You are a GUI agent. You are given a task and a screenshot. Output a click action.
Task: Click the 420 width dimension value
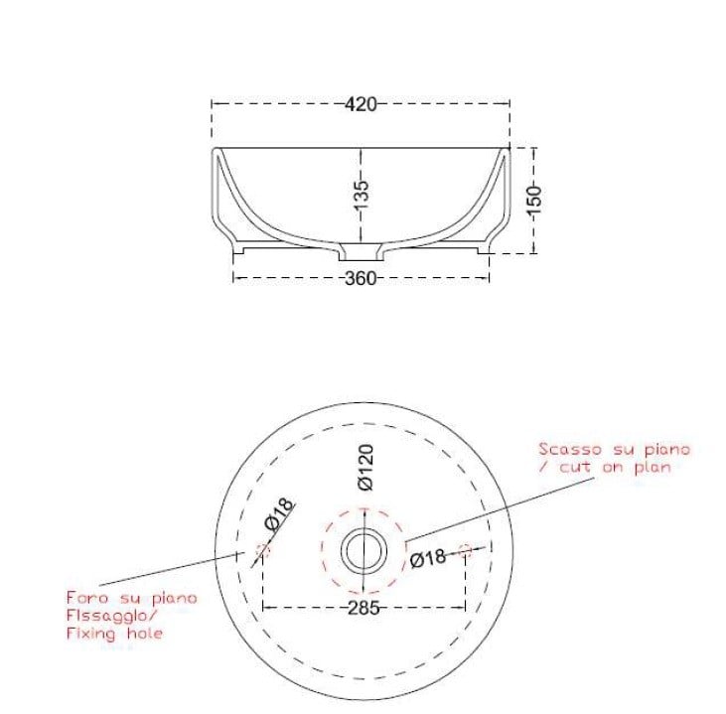[362, 103]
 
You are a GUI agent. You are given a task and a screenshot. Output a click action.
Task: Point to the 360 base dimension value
[361, 279]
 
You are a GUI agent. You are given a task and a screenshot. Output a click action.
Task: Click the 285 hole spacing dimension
[363, 608]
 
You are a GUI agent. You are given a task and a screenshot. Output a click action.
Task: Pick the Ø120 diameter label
[365, 467]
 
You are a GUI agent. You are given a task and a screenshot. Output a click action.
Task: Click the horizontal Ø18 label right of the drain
[428, 558]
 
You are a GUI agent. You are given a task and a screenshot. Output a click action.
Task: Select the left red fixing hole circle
[262, 549]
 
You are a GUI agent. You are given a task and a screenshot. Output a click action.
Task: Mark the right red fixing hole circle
[465, 549]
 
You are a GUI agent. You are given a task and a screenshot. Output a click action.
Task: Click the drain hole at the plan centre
[363, 548]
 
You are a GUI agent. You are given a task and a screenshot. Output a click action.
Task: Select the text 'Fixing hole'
[114, 633]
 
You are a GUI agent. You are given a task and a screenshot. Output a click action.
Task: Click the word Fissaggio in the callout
[106, 615]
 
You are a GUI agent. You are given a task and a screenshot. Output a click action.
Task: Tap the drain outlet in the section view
[362, 247]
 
